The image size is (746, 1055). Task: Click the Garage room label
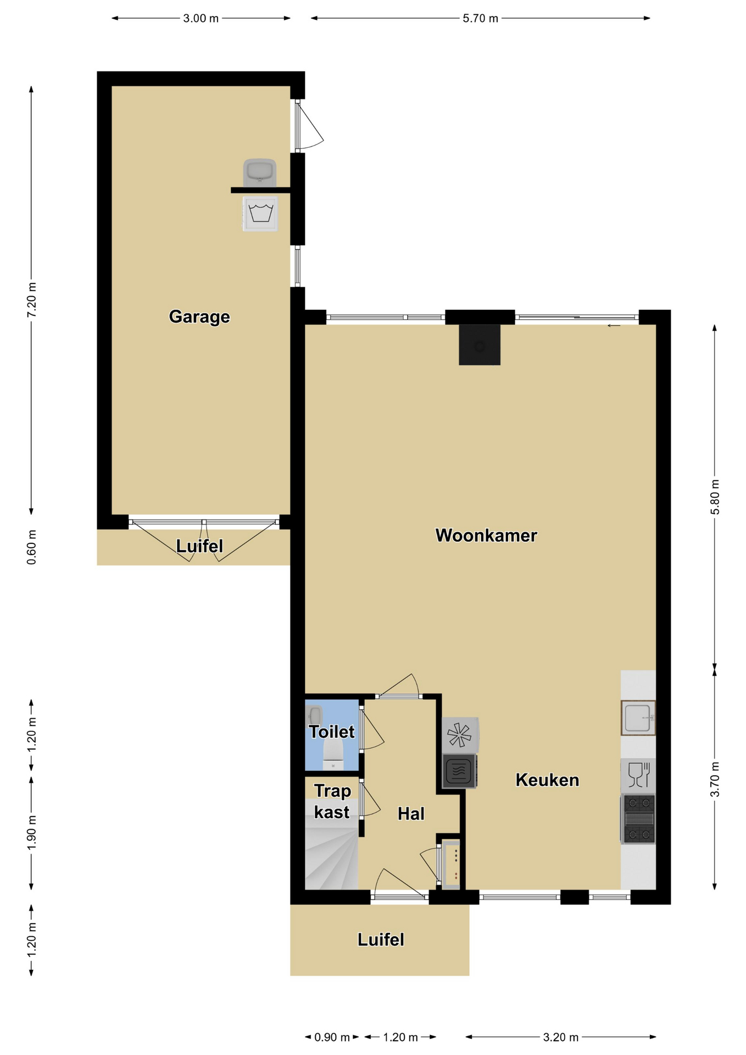pyautogui.click(x=199, y=317)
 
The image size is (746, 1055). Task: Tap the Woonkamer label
pyautogui.click(x=486, y=535)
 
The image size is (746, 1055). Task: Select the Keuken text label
pyautogui.click(x=547, y=780)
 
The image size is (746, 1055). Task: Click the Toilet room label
pyautogui.click(x=332, y=731)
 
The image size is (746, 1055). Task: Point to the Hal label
pyautogui.click(x=411, y=814)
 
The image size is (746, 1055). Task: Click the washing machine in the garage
pyautogui.click(x=260, y=213)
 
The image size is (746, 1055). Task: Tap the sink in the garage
pyautogui.click(x=260, y=173)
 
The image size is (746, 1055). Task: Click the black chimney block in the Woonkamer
pyautogui.click(x=480, y=345)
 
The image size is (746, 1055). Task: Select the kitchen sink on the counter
pyautogui.click(x=638, y=718)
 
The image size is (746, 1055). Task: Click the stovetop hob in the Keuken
pyautogui.click(x=638, y=819)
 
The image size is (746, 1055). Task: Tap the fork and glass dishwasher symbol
pyautogui.click(x=638, y=775)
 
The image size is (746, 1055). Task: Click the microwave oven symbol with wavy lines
pyautogui.click(x=459, y=771)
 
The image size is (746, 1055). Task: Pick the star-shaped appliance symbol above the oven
pyautogui.click(x=460, y=735)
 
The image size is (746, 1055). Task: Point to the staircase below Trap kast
pyautogui.click(x=332, y=859)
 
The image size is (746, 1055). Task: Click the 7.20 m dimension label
pyautogui.click(x=32, y=299)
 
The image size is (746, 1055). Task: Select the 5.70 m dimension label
pyautogui.click(x=481, y=18)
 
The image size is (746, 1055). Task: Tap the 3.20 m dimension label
pyautogui.click(x=561, y=1037)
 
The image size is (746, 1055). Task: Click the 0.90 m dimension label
pyautogui.click(x=332, y=1037)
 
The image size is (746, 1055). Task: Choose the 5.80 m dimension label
pyautogui.click(x=715, y=497)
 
